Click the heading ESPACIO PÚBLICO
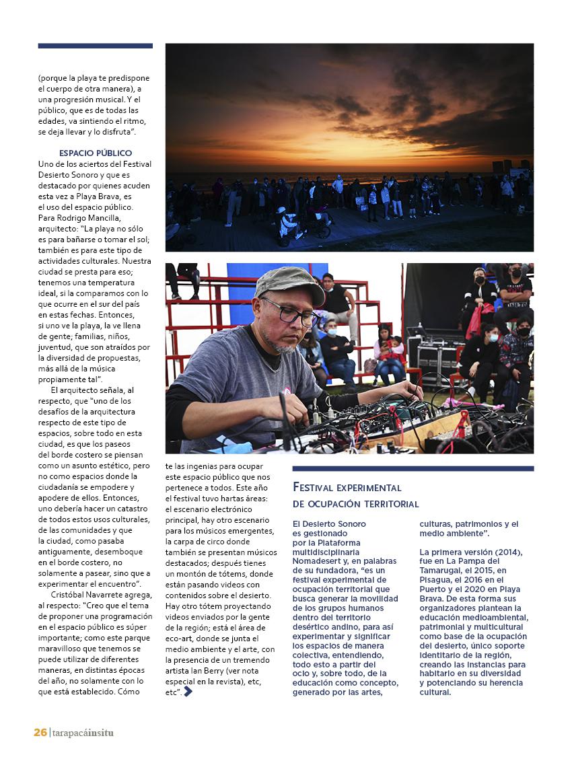click(95, 153)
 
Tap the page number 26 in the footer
click(40, 732)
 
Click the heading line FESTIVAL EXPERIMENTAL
click(347, 487)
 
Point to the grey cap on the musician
click(290, 283)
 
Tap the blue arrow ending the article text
click(188, 691)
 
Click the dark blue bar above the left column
click(95, 46)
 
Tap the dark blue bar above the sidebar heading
click(413, 468)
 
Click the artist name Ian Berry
click(206, 670)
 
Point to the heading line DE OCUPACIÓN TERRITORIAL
click(356, 503)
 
